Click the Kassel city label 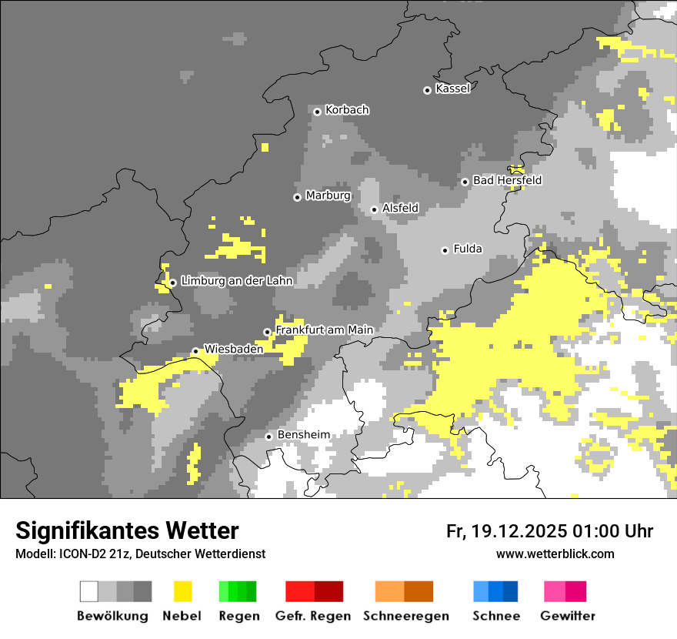coord(452,89)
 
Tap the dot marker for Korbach coord(317,112)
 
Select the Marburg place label coord(328,196)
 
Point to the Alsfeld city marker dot coord(374,209)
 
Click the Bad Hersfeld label coord(507,181)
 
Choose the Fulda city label coord(468,249)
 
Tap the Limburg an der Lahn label coord(236,281)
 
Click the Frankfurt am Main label coord(324,330)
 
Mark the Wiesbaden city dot coord(195,351)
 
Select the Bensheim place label coord(303,435)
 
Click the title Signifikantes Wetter coord(127,530)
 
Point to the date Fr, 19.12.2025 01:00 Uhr coord(549,531)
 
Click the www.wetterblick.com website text coord(555,554)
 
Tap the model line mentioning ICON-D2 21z coord(140,554)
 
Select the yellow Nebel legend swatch coord(182,591)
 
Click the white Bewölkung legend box coord(89,591)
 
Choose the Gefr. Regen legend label coord(312,616)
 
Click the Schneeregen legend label coord(405,616)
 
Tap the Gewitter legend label coord(567,616)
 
